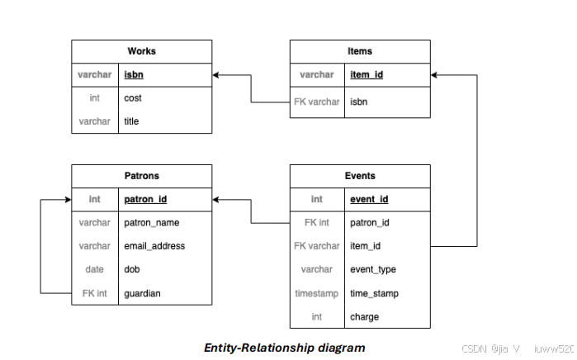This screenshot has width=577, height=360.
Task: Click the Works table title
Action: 141,51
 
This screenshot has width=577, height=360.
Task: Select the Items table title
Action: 360,51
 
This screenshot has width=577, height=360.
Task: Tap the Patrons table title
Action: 141,176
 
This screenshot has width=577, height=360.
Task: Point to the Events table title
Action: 360,176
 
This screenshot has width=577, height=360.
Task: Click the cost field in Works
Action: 133,98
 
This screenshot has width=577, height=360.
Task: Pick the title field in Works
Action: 131,121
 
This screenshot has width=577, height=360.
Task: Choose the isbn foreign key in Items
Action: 359,102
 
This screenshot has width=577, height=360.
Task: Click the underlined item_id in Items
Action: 367,74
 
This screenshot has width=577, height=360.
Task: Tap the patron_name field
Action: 151,222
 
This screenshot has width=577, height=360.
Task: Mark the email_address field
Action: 154,245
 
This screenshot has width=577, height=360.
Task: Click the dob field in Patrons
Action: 131,269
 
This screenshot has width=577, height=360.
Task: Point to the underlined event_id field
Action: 369,199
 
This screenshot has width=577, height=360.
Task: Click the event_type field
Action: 373,269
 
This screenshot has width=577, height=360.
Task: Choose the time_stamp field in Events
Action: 374,292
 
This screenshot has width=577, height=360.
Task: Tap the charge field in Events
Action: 364,316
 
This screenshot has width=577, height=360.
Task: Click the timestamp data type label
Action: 317,292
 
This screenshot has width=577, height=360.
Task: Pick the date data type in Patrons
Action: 94,269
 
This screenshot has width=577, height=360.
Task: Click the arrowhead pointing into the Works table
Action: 217,75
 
